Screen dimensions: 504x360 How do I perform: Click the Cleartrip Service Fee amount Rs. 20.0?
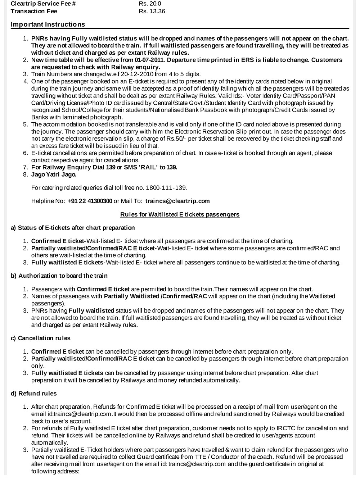[150, 4]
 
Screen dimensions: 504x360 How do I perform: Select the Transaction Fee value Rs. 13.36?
[152, 11]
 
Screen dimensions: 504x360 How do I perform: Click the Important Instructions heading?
[48, 24]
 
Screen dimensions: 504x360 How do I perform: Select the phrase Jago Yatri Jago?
[54, 174]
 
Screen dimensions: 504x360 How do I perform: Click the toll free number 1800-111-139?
[166, 188]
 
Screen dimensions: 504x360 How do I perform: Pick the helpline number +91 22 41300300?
[90, 201]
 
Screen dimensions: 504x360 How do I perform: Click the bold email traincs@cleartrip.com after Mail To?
[177, 201]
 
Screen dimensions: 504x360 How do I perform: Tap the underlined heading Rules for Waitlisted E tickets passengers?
[180, 214]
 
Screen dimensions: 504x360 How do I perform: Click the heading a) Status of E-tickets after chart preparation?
[73, 228]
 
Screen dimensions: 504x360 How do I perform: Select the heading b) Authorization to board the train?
[59, 276]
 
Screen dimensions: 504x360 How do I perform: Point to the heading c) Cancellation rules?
[41, 338]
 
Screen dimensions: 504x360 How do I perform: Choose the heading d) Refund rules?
[34, 394]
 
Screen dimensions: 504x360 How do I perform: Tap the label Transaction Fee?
[34, 11]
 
